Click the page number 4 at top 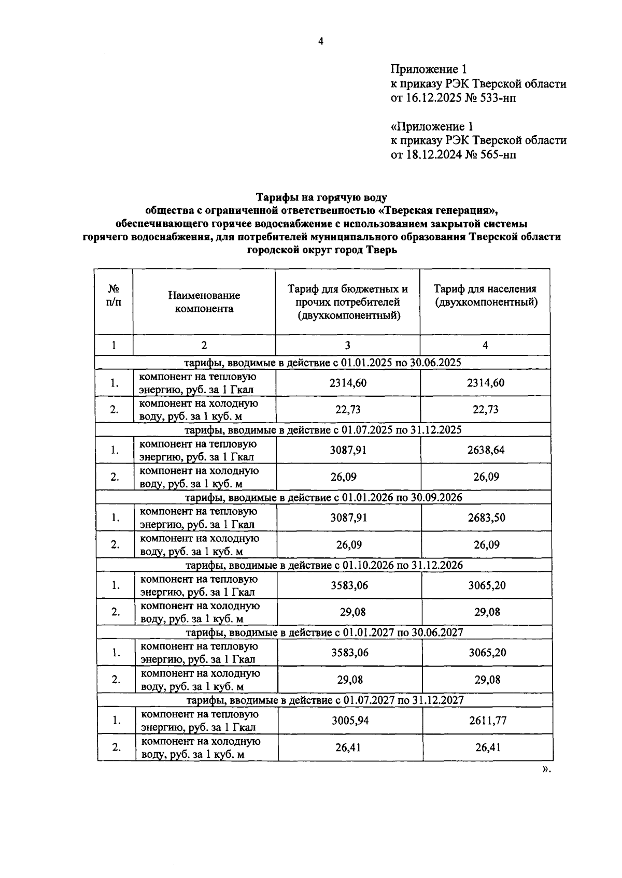pyautogui.click(x=320, y=41)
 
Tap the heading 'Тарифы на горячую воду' pyautogui.click(x=321, y=197)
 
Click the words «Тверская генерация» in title pyautogui.click(x=438, y=211)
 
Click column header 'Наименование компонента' pyautogui.click(x=204, y=302)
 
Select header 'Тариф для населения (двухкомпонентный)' pyautogui.click(x=485, y=296)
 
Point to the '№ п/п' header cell pyautogui.click(x=114, y=296)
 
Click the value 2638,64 pyautogui.click(x=486, y=450)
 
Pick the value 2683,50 pyautogui.click(x=486, y=517)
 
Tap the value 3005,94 pyautogui.click(x=350, y=720)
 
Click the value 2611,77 pyautogui.click(x=487, y=720)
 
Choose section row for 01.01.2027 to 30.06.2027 pyautogui.click(x=324, y=632)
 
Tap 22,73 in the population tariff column pyautogui.click(x=486, y=409)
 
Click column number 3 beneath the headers pyautogui.click(x=347, y=346)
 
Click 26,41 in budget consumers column pyautogui.click(x=350, y=747)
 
